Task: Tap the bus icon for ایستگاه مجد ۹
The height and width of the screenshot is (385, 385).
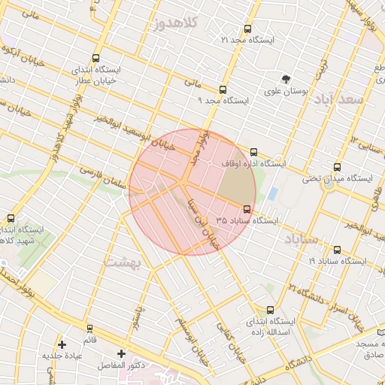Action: pyautogui.click(x=223, y=89)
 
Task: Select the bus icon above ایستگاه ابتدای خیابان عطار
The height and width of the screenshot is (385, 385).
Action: pyautogui.click(x=95, y=59)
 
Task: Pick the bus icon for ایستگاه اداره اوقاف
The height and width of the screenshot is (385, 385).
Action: pyautogui.click(x=253, y=151)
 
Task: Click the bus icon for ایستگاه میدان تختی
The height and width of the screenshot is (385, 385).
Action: pyautogui.click(x=336, y=168)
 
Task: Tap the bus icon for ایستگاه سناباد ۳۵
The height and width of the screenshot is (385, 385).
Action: pyautogui.click(x=247, y=209)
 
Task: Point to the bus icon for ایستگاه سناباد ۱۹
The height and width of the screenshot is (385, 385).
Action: pyautogui.click(x=336, y=250)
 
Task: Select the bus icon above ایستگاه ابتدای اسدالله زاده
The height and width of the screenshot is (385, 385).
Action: pyautogui.click(x=271, y=309)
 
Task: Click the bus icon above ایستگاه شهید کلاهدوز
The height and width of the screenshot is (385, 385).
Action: pyautogui.click(x=11, y=218)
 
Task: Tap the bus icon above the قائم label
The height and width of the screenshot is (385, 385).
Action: pyautogui.click(x=90, y=329)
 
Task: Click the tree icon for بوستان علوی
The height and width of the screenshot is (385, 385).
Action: pyautogui.click(x=285, y=79)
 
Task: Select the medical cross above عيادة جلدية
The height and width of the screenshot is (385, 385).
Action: pyautogui.click(x=62, y=344)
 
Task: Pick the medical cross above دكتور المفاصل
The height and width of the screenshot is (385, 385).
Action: pyautogui.click(x=121, y=353)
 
